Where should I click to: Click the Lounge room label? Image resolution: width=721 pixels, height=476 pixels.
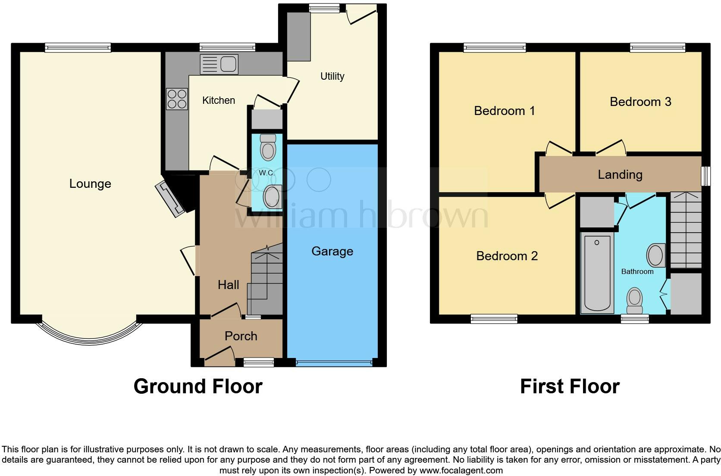tap(90, 184)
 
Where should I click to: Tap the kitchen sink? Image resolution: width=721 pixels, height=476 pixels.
tap(219, 65)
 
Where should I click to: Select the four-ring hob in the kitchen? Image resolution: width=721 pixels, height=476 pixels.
tap(177, 99)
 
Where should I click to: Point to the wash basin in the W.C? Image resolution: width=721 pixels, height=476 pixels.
tap(272, 196)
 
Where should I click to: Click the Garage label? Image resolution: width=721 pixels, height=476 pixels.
tap(332, 251)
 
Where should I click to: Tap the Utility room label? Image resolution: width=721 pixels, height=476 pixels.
tap(332, 76)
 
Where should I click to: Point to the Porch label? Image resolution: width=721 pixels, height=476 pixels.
tap(241, 336)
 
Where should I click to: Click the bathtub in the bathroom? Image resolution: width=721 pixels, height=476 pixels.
tap(597, 273)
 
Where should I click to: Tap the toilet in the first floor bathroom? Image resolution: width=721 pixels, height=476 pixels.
tap(634, 301)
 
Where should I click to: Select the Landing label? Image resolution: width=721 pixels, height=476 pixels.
tap(620, 174)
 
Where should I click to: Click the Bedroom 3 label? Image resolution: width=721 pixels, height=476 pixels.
tap(640, 102)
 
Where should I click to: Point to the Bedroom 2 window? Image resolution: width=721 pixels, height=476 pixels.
tap(494, 319)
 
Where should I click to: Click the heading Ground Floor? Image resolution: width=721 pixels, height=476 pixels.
tap(198, 386)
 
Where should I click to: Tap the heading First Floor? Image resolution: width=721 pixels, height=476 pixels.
tap(570, 386)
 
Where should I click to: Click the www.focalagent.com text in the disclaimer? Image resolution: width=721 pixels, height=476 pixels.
tap(461, 470)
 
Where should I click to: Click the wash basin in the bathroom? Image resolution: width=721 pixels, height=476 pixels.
tap(656, 255)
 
